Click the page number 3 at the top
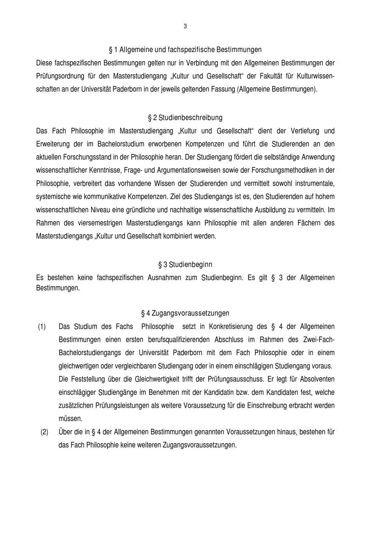[185, 26]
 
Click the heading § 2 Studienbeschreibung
[185, 117]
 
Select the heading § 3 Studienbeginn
[185, 264]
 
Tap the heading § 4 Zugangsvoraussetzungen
[185, 313]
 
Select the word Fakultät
[270, 76]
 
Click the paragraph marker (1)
[42, 327]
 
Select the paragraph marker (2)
[44, 432]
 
